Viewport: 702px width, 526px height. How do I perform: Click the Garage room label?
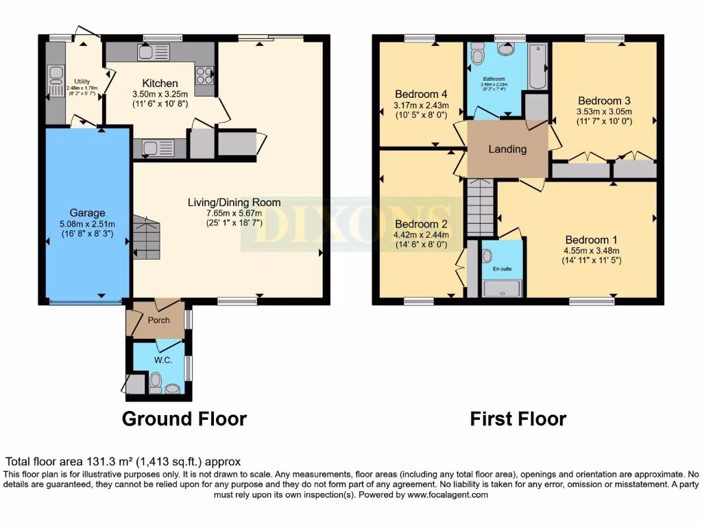87,212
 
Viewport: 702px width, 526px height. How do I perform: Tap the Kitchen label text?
160,84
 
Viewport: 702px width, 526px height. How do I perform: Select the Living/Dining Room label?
234,202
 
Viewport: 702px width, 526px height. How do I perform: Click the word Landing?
507,149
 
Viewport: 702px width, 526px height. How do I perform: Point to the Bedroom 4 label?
421,94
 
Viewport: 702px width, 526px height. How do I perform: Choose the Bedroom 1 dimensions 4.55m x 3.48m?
591,250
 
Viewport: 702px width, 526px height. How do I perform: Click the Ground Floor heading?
184,418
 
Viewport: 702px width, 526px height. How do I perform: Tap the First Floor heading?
518,418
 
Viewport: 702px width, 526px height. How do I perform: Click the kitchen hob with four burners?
204,75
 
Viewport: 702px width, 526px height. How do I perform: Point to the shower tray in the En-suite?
502,289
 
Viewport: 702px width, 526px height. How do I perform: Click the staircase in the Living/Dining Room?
146,237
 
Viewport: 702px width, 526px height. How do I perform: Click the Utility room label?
82,82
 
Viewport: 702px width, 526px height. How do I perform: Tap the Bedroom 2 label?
421,224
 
